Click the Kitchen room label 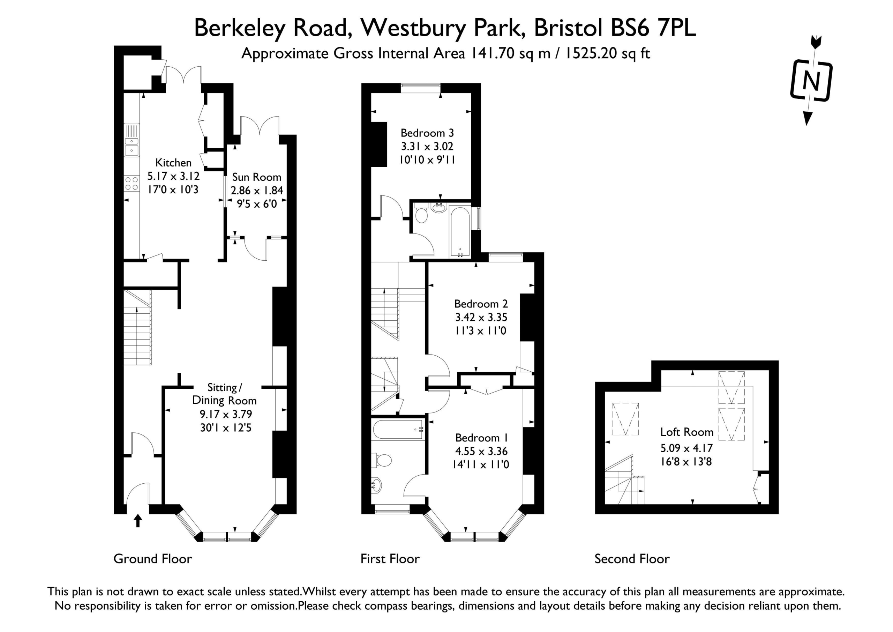[173, 163]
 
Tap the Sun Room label [257, 177]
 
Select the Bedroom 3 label [427, 133]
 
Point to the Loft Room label [687, 432]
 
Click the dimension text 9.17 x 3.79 [226, 414]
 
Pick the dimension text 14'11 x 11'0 [481, 464]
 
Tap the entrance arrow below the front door [138, 521]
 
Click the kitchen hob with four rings [132, 184]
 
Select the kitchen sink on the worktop [132, 140]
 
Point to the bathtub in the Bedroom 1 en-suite [398, 429]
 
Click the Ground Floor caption [152, 559]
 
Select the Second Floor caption [632, 559]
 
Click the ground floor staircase [137, 327]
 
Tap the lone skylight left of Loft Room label [625, 419]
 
